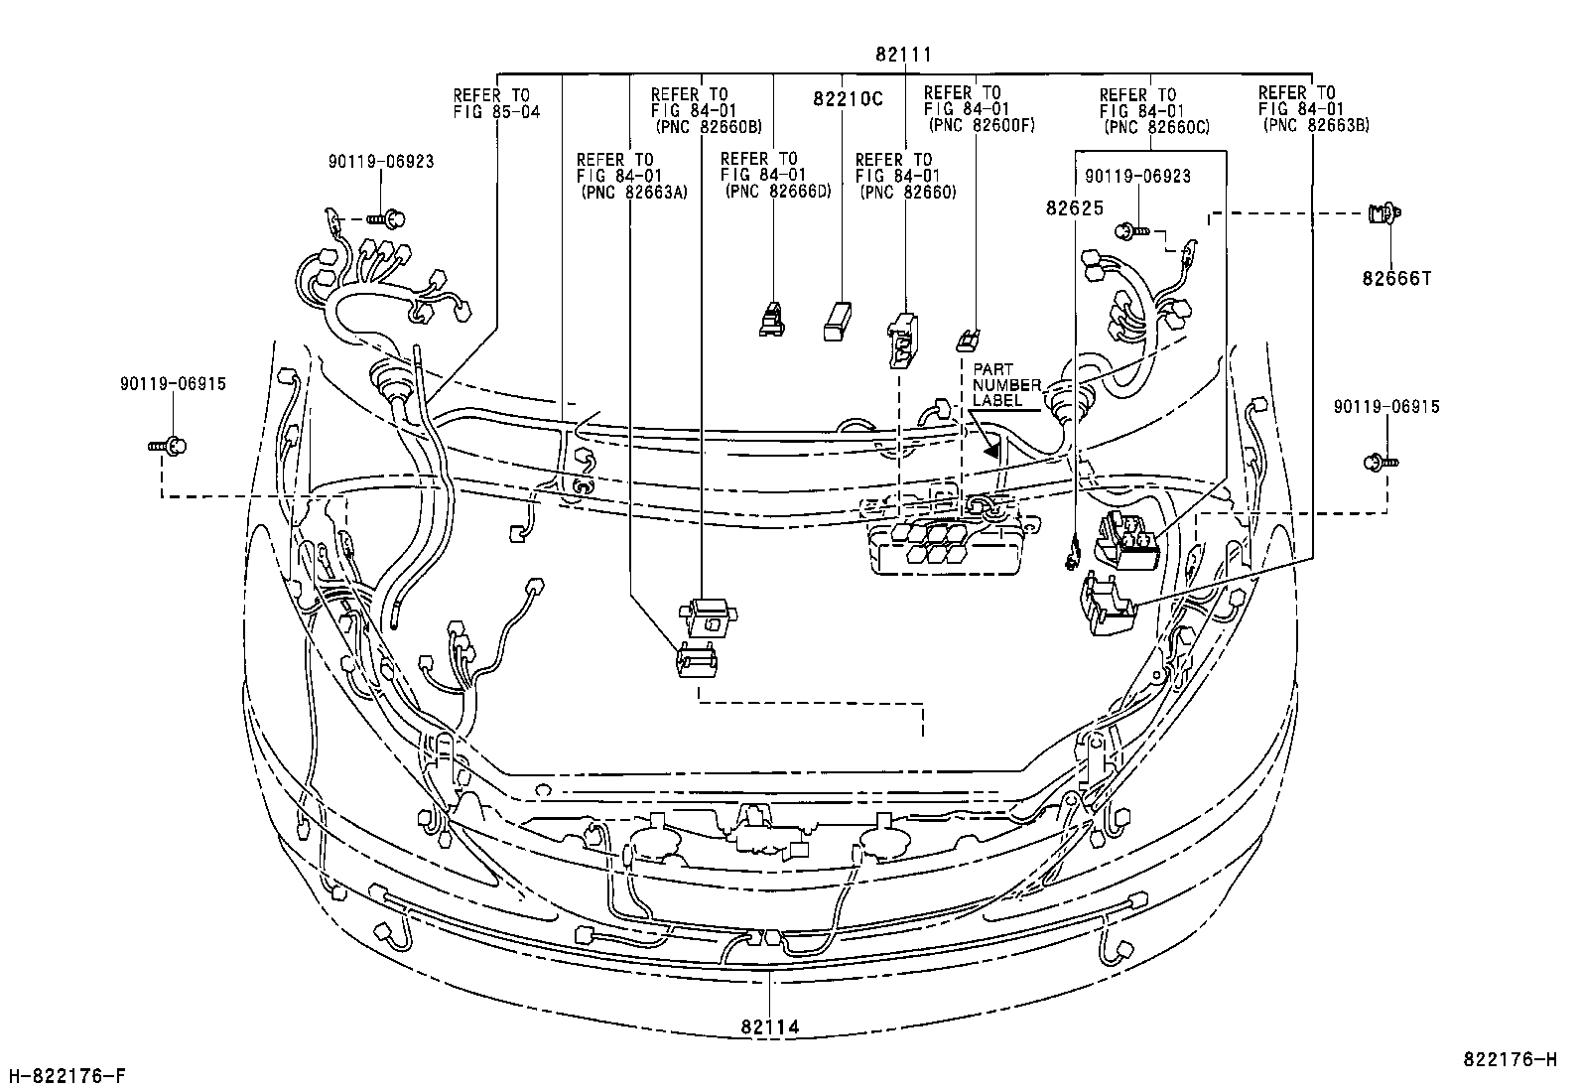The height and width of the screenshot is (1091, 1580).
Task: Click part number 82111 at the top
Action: (903, 55)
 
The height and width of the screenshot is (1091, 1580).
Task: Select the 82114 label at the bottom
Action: (769, 1027)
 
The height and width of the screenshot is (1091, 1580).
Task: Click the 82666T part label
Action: (1396, 279)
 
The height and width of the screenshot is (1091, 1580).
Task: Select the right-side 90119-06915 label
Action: (1386, 407)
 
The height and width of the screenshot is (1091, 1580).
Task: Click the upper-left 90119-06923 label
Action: (381, 161)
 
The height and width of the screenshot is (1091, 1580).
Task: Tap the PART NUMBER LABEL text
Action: (1006, 385)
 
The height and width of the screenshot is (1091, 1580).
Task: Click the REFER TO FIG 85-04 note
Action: (496, 103)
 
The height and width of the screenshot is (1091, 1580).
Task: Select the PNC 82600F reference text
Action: (981, 126)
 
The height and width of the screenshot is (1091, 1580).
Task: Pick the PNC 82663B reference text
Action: (1316, 125)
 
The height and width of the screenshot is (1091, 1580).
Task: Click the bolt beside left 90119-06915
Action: (169, 448)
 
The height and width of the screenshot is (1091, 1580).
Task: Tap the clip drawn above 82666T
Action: (1382, 212)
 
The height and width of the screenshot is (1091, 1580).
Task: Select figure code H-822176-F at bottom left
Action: (66, 1075)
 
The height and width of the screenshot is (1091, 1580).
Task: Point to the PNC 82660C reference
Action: (1156, 127)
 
